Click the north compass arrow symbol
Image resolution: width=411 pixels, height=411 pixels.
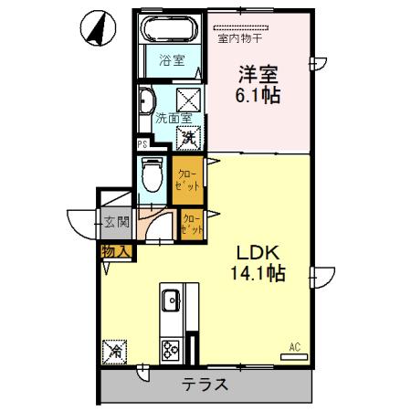tap(96, 26)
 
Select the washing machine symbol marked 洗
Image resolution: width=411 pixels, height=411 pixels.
tap(187, 138)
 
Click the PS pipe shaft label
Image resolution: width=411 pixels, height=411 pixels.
tap(142, 143)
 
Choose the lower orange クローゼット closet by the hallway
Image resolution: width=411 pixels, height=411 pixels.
tap(192, 225)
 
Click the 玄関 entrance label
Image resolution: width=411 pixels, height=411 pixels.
tap(116, 221)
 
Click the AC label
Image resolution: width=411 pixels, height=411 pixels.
tap(294, 345)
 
